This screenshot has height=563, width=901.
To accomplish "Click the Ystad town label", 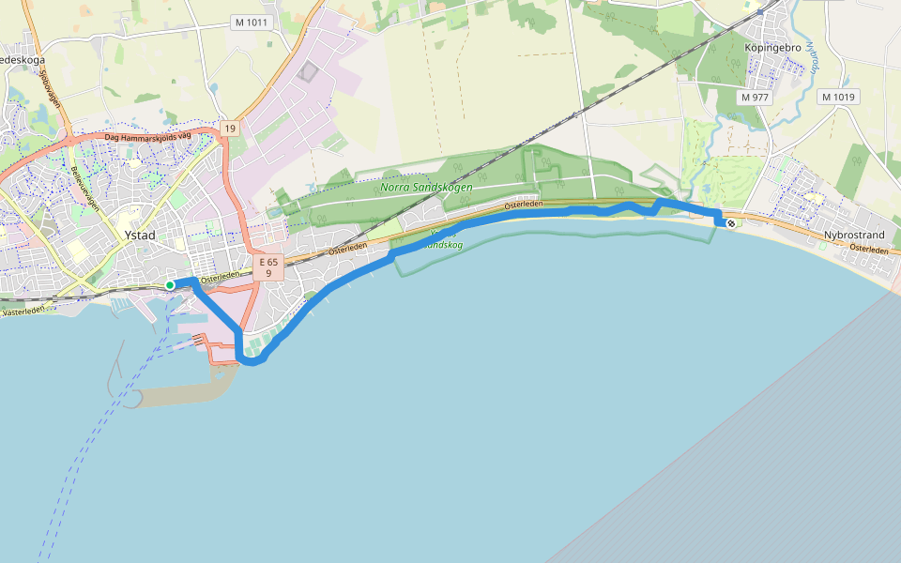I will pos(140,236).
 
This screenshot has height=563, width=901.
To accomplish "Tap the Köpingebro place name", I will pos(771,47).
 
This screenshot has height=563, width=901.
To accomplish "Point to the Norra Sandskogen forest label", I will pos(426,187).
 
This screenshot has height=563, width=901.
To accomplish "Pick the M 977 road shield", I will pos(754,97).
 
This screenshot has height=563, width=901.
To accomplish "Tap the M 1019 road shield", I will pos(837,97).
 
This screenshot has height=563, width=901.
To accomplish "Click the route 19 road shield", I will pos(229,128).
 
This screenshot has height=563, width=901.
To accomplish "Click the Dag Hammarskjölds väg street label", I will pos(147,137).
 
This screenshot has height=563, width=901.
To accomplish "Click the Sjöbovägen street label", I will pos(49,89).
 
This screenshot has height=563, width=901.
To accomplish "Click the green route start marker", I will pos(170,284).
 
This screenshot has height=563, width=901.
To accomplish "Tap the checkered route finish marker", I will pos(730,223).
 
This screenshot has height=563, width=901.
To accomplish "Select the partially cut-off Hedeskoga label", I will pos(21,59).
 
